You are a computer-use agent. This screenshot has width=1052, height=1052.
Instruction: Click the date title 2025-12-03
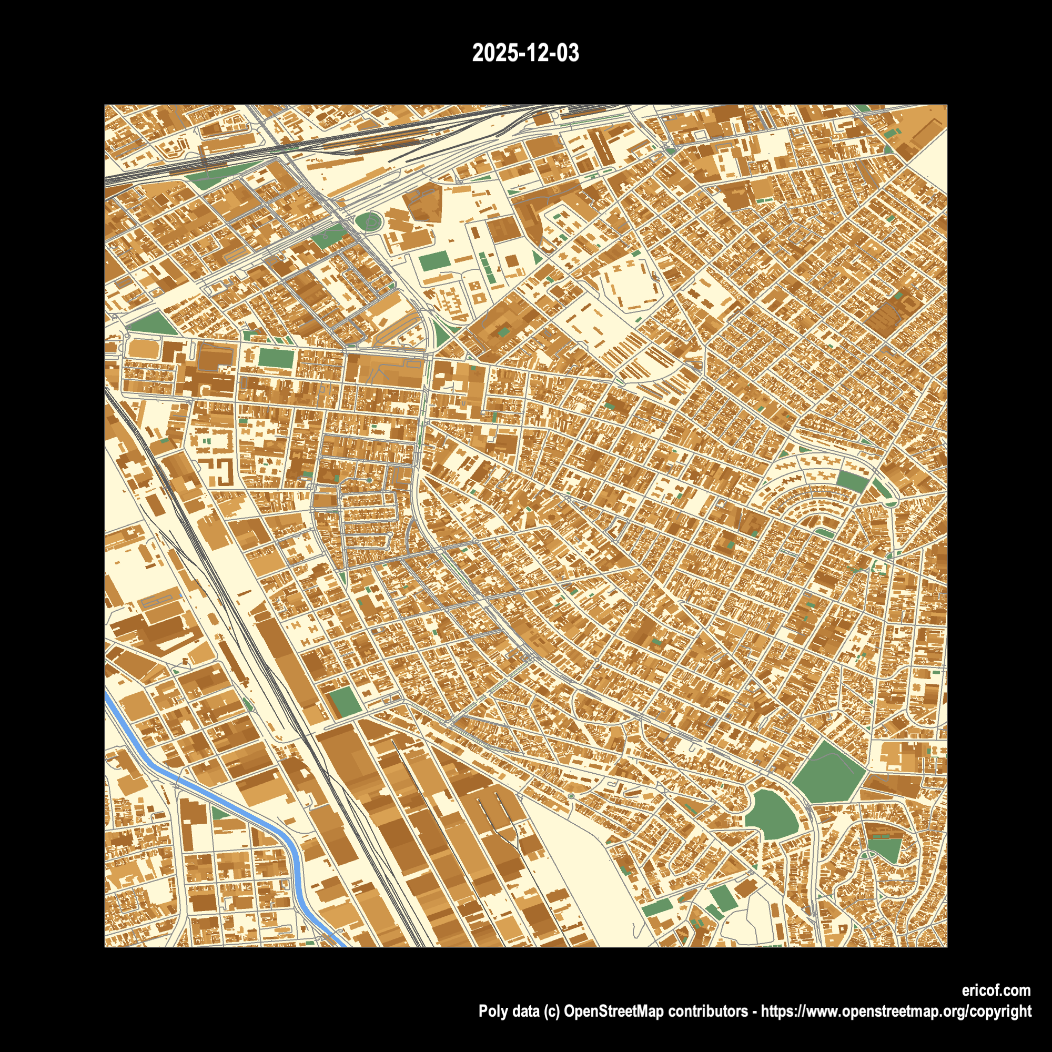pyautogui.click(x=525, y=53)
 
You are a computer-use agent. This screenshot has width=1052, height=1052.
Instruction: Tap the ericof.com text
pyautogui.click(x=996, y=990)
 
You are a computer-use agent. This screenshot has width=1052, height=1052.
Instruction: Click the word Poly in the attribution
pyautogui.click(x=491, y=1011)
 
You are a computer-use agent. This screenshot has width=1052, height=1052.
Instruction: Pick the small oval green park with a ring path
pyautogui.click(x=369, y=221)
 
